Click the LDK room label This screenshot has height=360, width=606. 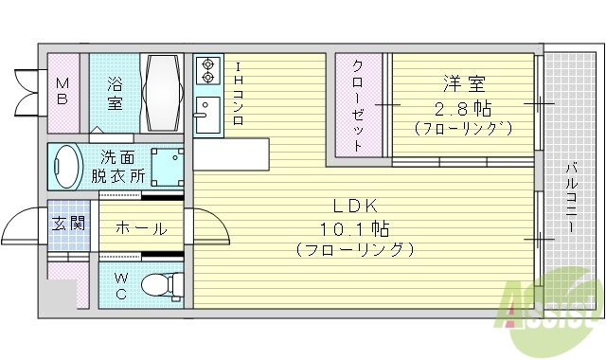click(x=356, y=206)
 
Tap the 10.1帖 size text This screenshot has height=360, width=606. click(x=356, y=228)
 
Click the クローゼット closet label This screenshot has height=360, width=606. click(x=359, y=104)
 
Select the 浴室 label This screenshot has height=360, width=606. click(x=114, y=92)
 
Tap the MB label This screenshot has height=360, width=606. click(x=62, y=92)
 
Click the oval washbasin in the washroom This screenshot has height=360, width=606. click(x=66, y=167)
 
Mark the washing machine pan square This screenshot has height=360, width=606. click(x=168, y=168)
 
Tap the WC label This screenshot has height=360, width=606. click(x=123, y=283)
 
